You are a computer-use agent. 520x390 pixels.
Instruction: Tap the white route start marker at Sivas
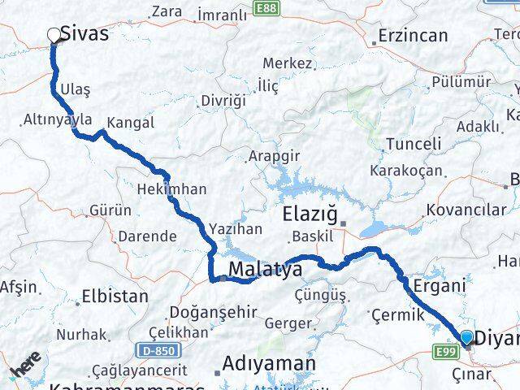tap(54, 35)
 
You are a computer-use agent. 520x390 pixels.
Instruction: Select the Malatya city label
tap(265, 268)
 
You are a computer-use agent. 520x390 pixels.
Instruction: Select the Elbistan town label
tap(115, 297)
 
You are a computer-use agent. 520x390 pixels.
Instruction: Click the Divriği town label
tap(223, 100)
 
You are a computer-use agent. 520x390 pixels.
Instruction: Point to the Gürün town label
tap(110, 210)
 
